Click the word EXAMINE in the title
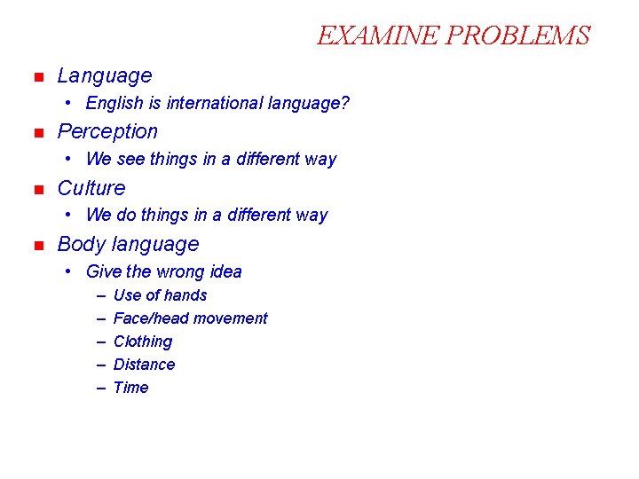tap(378, 35)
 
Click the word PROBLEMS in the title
tap(517, 35)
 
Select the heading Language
tap(105, 76)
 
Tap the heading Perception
tap(107, 132)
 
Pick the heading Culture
tap(91, 188)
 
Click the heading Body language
tap(128, 244)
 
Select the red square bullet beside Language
tap(37, 78)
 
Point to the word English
tap(114, 104)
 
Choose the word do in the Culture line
tap(127, 216)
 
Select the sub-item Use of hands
tap(160, 295)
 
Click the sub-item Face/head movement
tap(190, 318)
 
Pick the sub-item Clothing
tap(143, 342)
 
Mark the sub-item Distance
tap(144, 365)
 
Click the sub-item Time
tap(130, 388)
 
